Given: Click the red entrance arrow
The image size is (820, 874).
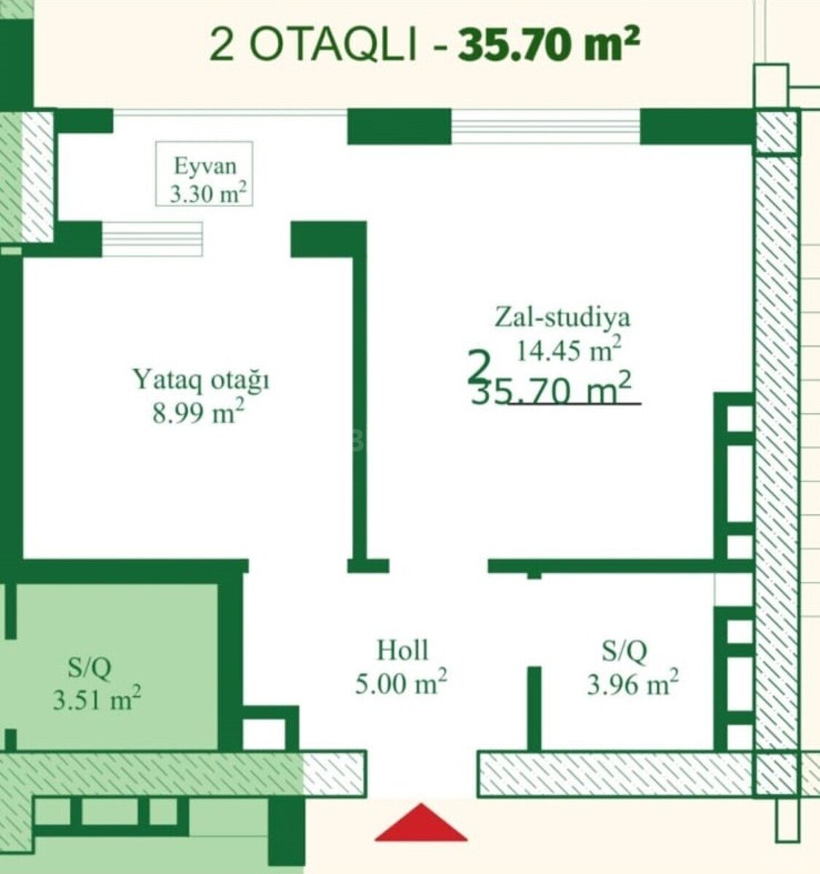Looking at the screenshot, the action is point(421,822).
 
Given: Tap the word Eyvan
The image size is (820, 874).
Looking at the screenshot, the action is point(206,166).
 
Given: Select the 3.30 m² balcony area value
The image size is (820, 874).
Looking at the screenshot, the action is point(208,193).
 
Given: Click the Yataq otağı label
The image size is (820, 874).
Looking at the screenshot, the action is point(201,379).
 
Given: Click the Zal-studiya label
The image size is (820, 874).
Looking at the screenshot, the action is point(562,318).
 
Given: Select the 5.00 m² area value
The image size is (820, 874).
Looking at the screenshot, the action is point(401,683).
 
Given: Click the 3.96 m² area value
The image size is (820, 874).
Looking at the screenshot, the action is point(632,684).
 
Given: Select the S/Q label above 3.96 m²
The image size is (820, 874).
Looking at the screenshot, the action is point(624,651).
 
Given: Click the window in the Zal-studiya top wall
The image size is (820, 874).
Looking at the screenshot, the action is point(545,127).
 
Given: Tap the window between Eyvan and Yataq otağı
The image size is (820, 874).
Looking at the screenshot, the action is point(152,239).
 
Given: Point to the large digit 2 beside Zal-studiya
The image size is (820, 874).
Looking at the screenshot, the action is point(479,366).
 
